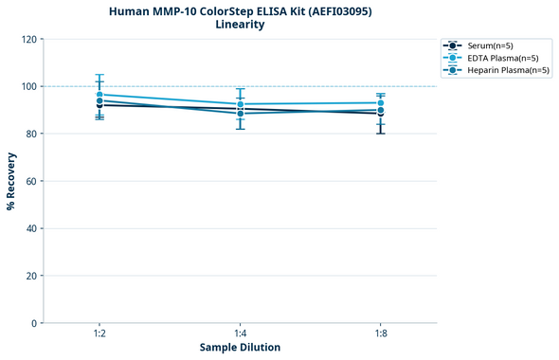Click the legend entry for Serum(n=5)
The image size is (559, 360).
tap(490, 45)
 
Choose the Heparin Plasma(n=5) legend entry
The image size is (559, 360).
tap(503, 70)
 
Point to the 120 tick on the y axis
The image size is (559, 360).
tap(29, 39)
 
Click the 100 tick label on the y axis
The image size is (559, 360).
tap(29, 86)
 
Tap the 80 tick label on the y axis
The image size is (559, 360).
tap(32, 134)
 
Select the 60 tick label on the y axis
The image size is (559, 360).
tap(32, 181)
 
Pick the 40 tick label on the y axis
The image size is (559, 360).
tap(32, 228)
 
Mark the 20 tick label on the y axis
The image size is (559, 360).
tap(32, 276)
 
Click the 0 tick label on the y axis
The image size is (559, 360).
tap(35, 323)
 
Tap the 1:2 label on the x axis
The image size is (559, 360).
tap(99, 334)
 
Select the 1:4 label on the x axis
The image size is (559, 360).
tap(240, 334)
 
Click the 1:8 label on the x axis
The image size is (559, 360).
tap(381, 334)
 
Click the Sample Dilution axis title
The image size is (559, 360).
tap(240, 348)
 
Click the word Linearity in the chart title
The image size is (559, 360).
tap(240, 25)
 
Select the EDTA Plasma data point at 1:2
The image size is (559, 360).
tap(99, 95)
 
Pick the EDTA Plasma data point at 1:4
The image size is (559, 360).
tap(240, 104)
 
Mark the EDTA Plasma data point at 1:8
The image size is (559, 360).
tap(381, 103)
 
